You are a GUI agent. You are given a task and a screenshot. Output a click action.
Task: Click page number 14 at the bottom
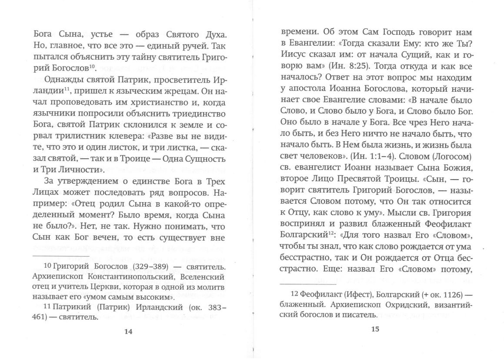tap(128, 331)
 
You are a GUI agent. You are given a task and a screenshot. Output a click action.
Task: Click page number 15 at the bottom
tap(376, 329)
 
